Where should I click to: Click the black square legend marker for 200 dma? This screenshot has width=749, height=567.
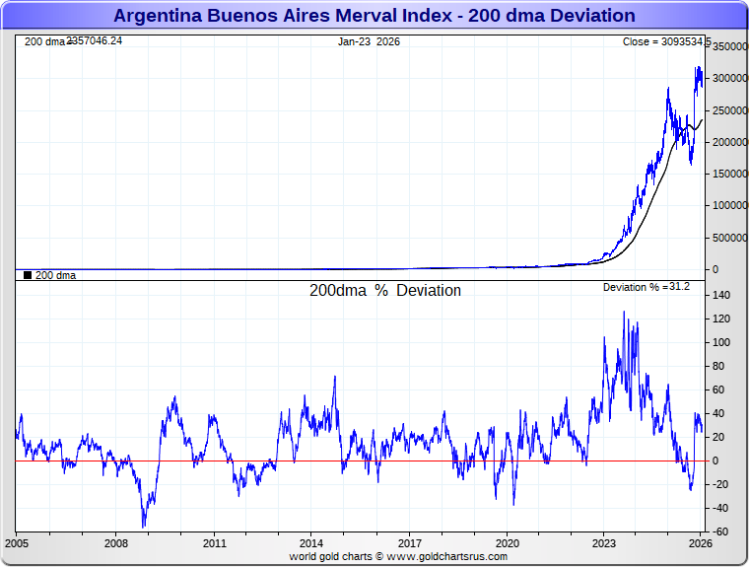27,275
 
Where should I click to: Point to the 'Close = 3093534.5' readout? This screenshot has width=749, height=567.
666,41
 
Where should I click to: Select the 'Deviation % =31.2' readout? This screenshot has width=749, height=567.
647,287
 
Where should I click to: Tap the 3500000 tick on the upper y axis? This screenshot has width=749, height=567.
730,47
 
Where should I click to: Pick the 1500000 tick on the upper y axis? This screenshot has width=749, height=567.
730,174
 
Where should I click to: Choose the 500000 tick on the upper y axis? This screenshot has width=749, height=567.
730,238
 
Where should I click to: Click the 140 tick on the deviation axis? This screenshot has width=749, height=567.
721,296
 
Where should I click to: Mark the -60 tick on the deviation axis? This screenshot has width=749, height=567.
721,532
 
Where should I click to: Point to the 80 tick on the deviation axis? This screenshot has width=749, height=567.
721,367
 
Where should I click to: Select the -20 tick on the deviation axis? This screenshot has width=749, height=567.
721,485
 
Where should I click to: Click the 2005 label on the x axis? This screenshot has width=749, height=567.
17,543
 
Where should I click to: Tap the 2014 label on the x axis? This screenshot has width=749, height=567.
310,543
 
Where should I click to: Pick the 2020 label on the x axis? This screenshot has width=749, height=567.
507,543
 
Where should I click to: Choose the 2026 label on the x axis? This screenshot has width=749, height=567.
700,543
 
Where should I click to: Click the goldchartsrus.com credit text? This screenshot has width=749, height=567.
398,556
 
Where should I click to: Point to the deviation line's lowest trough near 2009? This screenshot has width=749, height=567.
144,527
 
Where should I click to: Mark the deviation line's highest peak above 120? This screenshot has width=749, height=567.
623,313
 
